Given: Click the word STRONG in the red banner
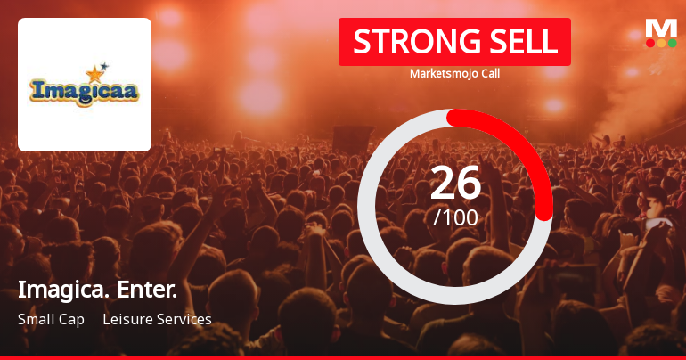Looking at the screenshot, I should [x=404, y=42].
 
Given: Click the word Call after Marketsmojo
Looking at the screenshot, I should [x=488, y=73].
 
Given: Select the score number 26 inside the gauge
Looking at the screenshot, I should [x=455, y=183].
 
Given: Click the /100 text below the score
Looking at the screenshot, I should [x=455, y=217].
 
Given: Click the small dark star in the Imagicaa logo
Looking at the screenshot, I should [x=104, y=65].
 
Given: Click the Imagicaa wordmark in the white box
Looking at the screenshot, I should [x=85, y=91].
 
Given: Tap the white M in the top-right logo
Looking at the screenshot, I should [x=661, y=28].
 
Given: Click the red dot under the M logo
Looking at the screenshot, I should [x=650, y=43].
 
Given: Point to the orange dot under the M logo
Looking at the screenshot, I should [x=661, y=43].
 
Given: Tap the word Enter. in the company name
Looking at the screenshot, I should [x=146, y=290].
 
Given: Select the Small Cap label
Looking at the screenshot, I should [x=51, y=319].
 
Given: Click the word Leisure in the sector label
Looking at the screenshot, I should [x=126, y=319].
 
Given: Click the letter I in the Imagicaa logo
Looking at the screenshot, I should [x=37, y=90].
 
